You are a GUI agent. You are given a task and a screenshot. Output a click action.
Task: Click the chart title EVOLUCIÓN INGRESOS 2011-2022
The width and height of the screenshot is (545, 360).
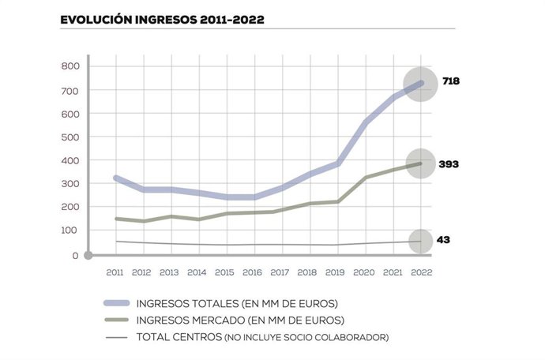[162, 18]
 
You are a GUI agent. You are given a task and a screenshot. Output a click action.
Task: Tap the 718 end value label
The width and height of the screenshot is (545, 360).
[450, 81]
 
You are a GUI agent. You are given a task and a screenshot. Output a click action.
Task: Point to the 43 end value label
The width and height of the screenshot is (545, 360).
[443, 239]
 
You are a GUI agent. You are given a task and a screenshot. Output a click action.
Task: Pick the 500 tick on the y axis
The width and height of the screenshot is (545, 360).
[70, 137]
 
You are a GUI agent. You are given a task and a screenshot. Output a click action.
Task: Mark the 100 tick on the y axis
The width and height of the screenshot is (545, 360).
[70, 231]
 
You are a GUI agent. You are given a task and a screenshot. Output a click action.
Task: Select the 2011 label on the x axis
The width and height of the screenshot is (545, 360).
[115, 272]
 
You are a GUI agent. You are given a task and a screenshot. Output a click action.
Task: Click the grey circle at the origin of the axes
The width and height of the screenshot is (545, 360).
[88, 255]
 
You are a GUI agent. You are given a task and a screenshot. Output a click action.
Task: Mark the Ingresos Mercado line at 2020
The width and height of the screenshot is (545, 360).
[364, 178]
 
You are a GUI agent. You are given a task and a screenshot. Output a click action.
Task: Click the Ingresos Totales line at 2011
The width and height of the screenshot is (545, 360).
[116, 178]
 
